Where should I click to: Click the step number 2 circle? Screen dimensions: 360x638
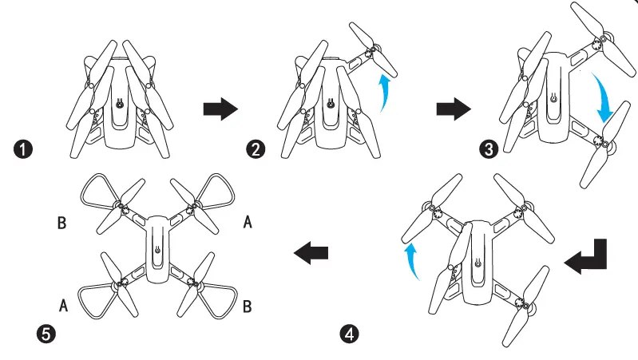tap(258, 149)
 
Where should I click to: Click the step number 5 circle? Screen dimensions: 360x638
tap(47, 333)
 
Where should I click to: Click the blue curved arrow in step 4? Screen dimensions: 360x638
tap(412, 262)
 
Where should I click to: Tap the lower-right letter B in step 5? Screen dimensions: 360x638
tap(248, 305)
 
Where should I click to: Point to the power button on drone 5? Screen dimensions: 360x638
tap(157, 250)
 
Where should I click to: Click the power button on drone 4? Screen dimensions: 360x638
tap(478, 263)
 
